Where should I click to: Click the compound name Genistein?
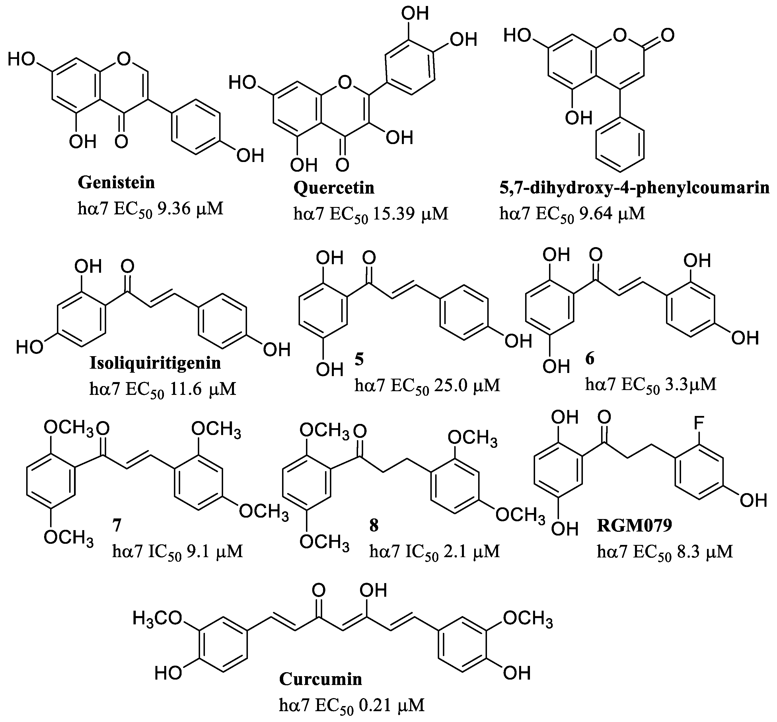pos(116,182)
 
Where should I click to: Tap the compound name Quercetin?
pos(334,188)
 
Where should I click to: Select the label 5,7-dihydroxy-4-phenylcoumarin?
pos(634,188)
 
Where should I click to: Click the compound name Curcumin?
pos(320,679)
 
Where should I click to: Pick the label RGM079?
pos(634,526)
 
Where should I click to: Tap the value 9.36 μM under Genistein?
pos(190,209)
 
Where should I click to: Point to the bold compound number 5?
pos(359,359)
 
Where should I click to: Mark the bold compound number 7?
pos(117,526)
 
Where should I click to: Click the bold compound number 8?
pos(374,526)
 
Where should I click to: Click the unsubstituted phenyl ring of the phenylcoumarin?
pos(620,145)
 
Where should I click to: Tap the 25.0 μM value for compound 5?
pos(466,385)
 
